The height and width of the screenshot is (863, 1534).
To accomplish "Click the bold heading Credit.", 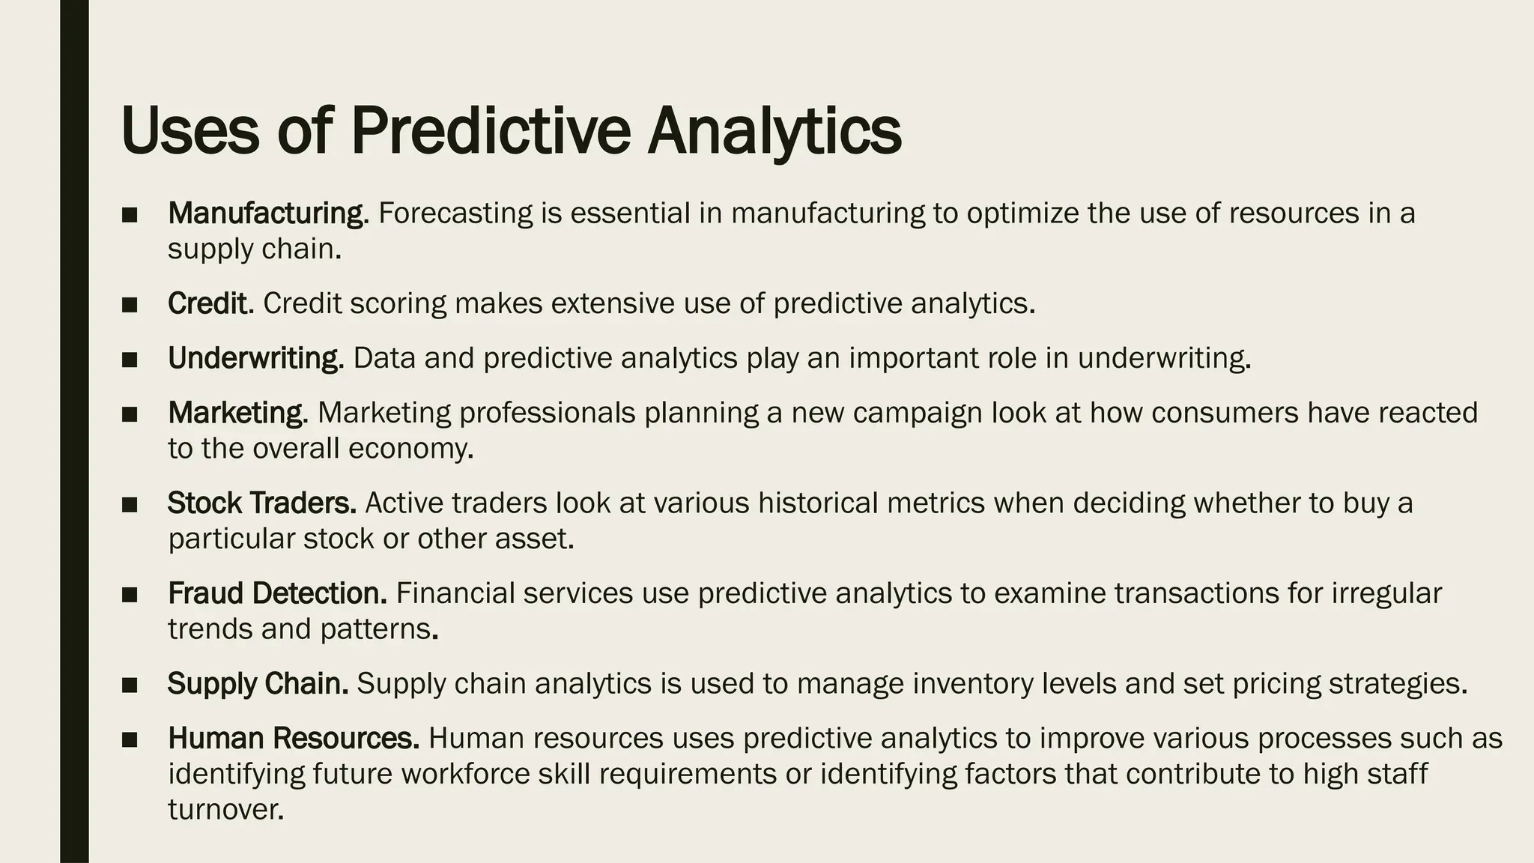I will coord(210,303).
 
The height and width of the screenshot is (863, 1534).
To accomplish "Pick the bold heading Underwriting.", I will coord(255,358).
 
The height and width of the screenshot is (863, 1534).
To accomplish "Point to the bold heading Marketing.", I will coord(237,413).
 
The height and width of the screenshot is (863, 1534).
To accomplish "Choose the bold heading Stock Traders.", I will coord(261,503).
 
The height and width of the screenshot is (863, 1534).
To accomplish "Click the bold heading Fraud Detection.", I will coord(277,593).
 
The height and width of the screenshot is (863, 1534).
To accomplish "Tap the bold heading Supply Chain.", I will coord(258,683).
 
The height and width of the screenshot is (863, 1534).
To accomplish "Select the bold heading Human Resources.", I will coord(293,738).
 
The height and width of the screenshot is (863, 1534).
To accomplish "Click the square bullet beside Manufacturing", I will coord(130,215).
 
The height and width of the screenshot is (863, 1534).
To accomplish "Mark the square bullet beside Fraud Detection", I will coord(130,595).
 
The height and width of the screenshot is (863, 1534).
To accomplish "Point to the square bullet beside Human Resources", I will coord(130,739).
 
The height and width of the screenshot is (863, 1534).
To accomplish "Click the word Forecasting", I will coord(455,214).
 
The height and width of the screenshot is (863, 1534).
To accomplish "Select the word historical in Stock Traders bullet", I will coord(817,503).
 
